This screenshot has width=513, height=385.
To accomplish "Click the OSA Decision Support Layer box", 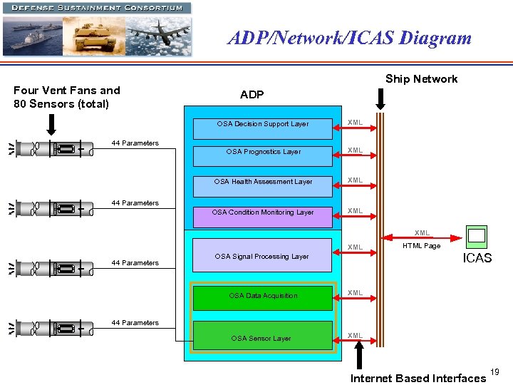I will [263, 124].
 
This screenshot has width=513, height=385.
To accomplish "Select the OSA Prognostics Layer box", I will [263, 152].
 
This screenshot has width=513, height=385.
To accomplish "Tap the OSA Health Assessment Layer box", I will [263, 182].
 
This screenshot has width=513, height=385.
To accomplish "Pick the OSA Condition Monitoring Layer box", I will [263, 212].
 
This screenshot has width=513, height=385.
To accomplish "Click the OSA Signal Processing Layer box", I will [261, 256].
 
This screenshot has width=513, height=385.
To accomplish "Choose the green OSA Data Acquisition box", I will [263, 296].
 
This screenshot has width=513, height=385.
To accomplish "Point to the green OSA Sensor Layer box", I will [261, 337].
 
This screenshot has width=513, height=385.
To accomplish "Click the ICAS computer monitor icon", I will [476, 236].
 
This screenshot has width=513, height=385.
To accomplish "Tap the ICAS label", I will [477, 258].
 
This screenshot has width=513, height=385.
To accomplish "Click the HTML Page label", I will [422, 246].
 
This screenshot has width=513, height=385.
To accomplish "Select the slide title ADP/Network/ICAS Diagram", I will [349, 38].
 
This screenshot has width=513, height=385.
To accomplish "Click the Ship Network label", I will [421, 78].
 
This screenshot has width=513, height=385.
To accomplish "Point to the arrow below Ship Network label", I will [380, 99].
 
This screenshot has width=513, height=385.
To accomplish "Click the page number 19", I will [495, 371].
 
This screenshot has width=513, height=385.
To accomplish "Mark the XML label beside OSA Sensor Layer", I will [355, 335].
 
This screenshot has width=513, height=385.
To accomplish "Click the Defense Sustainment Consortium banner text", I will [96, 8].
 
